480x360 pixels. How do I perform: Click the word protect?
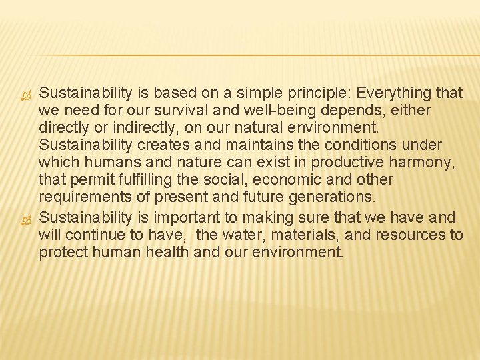[61, 253]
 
